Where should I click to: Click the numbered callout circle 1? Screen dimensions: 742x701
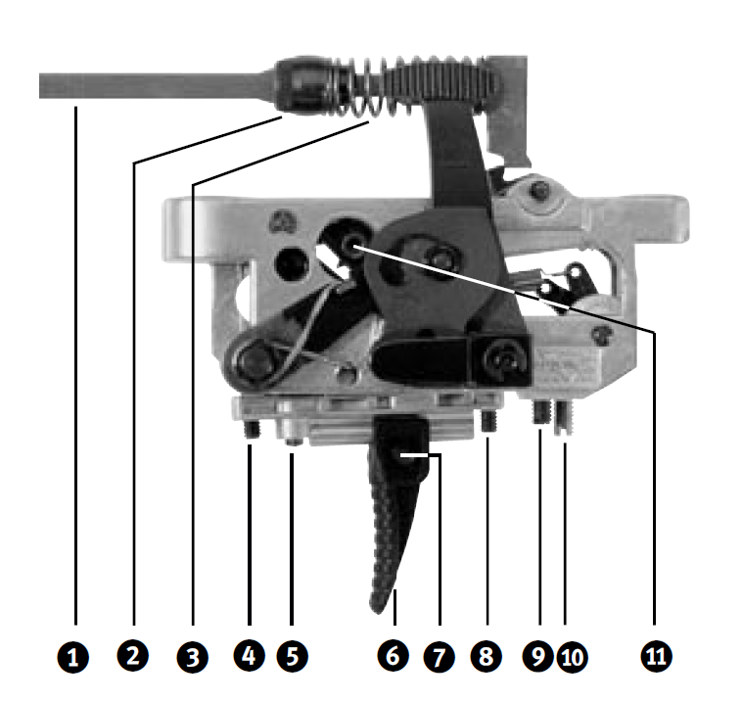point(72,657)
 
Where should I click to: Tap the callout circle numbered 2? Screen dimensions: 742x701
point(133,656)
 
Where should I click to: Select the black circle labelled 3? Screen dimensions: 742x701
point(193,657)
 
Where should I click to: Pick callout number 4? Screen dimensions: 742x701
point(250,656)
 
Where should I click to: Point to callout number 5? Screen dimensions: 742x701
point(293,656)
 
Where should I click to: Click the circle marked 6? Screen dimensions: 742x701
point(394,656)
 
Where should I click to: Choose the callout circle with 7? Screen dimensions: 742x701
point(440,657)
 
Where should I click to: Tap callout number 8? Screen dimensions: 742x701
point(486,656)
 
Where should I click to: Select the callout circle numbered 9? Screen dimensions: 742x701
point(538,656)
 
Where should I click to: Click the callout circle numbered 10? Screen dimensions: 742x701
point(572,657)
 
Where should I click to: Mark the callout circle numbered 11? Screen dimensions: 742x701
point(657,656)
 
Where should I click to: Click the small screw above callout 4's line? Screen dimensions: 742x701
point(252,429)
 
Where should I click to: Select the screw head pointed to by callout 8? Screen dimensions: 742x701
point(489,421)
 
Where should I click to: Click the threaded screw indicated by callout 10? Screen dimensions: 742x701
point(564,417)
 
